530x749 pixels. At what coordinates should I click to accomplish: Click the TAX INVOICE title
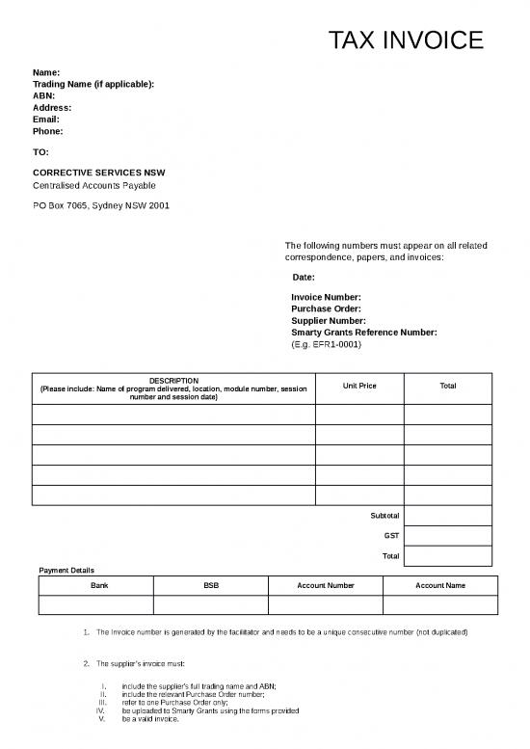tap(404, 40)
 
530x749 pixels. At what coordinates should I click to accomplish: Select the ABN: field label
tap(43, 96)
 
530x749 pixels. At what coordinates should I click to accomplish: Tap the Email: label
tap(46, 120)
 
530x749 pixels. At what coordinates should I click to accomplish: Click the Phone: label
tap(48, 131)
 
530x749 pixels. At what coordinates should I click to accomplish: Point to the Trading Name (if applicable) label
tap(93, 85)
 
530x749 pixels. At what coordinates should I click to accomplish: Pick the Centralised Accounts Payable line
tap(94, 185)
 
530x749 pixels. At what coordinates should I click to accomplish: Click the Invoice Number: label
tap(326, 297)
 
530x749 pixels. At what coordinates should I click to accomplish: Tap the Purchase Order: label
tap(326, 308)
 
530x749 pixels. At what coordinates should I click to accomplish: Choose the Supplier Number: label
tap(329, 320)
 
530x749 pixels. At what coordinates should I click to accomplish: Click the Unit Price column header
tap(358, 386)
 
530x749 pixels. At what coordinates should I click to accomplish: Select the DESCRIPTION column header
tap(173, 381)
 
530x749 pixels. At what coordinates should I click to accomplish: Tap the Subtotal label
tap(384, 515)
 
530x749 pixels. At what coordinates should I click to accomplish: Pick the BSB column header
tap(211, 585)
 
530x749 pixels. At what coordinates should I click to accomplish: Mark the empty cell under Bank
tap(95, 604)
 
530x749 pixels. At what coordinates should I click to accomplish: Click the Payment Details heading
tap(66, 570)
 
